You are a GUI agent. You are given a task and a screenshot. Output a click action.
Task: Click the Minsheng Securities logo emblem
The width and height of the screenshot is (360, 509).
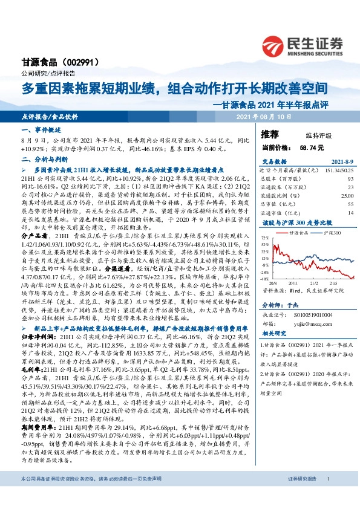[276, 45]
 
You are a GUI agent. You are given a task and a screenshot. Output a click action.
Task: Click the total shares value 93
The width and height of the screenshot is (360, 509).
[350, 179]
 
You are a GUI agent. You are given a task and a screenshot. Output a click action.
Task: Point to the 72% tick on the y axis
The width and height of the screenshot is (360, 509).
[266, 239]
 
